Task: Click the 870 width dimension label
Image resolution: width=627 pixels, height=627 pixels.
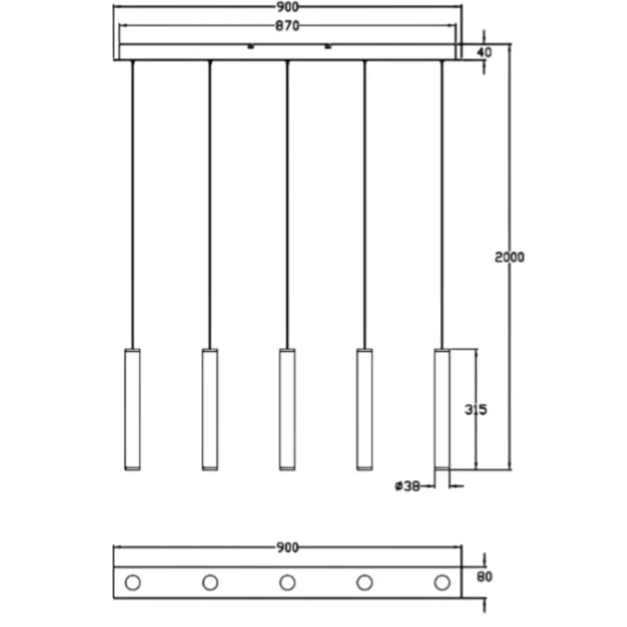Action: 287,26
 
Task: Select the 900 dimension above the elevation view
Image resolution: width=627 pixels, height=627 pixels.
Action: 287,7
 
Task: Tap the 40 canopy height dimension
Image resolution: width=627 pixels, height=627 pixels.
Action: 484,53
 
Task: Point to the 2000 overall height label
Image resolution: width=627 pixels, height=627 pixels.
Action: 509,257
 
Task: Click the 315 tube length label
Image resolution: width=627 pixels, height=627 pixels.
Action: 476,409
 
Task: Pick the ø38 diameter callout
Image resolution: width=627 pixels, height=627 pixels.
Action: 408,487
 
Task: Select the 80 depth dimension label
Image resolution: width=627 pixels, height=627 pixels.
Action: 484,577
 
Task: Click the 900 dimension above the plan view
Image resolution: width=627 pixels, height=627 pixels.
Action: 287,547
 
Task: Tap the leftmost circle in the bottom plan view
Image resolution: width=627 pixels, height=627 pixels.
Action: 133,582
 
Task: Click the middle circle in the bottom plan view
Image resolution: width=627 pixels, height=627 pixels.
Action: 287,582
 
